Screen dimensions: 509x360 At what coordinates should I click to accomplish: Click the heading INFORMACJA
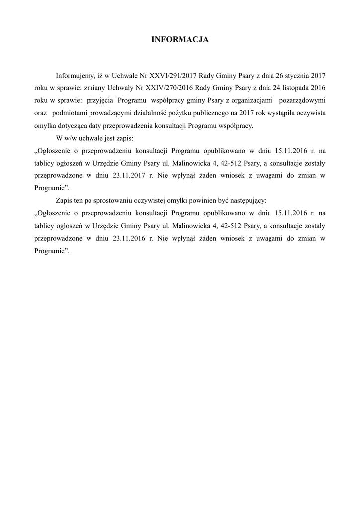click(x=180, y=39)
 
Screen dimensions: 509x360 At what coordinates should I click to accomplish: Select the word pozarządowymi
click(x=303, y=100)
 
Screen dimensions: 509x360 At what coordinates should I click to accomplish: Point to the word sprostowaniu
click(x=110, y=200)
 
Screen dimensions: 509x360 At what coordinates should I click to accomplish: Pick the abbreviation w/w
click(x=71, y=138)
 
